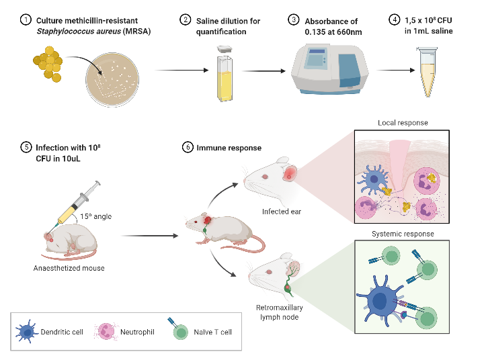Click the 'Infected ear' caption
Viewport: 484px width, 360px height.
(282, 212)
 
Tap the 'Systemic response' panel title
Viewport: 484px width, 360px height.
(404, 234)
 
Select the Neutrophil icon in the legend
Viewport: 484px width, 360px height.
(108, 332)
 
